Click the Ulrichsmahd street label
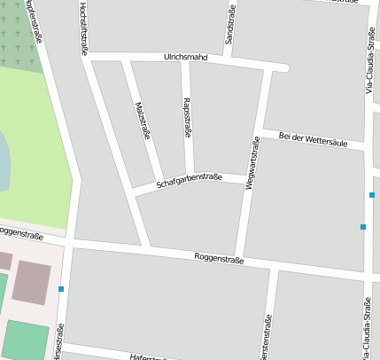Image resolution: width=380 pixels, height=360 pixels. pos(185,57)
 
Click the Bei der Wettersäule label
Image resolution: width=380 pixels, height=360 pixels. pos(320,138)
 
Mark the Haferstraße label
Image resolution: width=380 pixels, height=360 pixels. pos(149,356)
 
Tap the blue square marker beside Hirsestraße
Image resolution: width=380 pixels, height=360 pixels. pos(61,289)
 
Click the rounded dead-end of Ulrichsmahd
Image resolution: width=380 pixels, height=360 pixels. pos(283,67)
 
